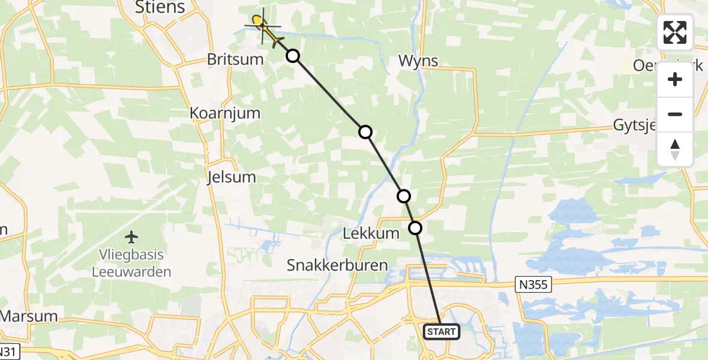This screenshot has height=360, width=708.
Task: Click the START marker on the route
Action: (x=442, y=331)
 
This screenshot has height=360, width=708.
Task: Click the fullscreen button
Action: (x=675, y=32)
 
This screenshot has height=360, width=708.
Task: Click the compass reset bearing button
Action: (x=675, y=150)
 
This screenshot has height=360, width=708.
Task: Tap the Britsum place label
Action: (x=235, y=59)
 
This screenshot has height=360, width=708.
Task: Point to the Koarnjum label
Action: (x=224, y=113)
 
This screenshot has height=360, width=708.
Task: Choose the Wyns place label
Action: (x=418, y=61)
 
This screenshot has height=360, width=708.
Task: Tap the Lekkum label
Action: (x=371, y=233)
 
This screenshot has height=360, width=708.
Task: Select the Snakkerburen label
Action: (x=337, y=265)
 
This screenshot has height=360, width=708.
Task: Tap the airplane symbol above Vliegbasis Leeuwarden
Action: (x=131, y=237)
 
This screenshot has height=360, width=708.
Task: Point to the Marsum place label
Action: (x=29, y=316)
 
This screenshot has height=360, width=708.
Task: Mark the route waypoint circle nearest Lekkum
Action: (x=415, y=227)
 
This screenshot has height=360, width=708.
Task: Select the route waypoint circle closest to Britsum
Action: (x=292, y=56)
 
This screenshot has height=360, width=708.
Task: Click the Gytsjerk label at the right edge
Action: (x=660, y=125)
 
